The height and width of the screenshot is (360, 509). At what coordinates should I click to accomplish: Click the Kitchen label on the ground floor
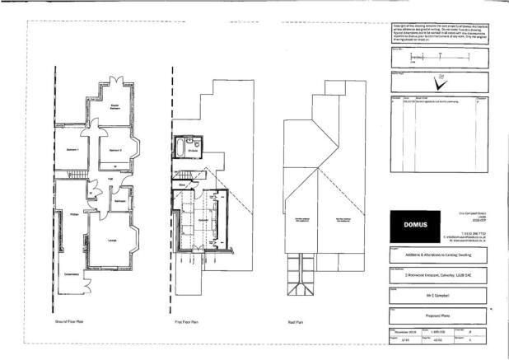[73, 214]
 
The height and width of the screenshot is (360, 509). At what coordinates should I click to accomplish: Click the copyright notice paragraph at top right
[440, 32]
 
